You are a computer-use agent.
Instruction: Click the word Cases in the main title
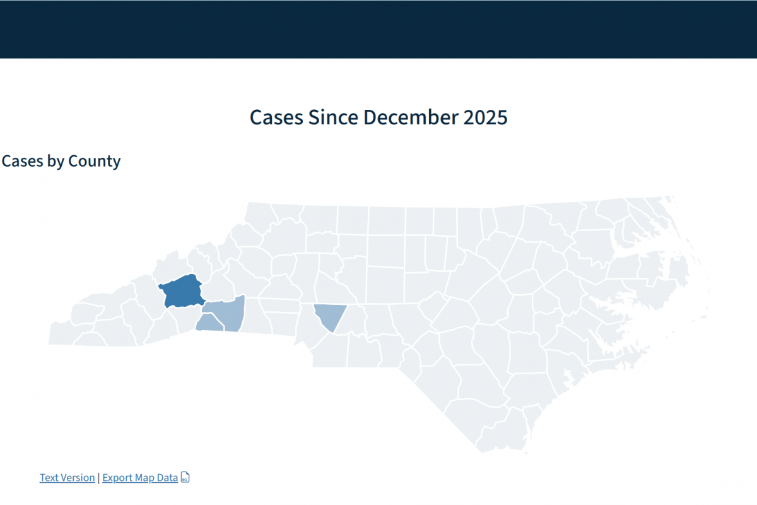tap(276, 117)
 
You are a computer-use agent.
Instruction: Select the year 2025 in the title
tap(484, 117)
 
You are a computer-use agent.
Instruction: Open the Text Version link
tap(67, 478)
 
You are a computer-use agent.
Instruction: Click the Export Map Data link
tap(140, 478)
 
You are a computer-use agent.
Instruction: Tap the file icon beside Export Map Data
tap(185, 477)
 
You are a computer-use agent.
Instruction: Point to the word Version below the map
tap(77, 478)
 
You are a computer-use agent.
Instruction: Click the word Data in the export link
tap(167, 478)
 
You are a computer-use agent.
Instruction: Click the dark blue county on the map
tap(181, 291)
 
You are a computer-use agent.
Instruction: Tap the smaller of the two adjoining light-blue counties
tap(209, 323)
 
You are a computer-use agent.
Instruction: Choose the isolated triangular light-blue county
tap(329, 314)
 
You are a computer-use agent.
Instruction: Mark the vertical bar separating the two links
tap(98, 478)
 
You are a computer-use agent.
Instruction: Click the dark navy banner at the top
tap(378, 29)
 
